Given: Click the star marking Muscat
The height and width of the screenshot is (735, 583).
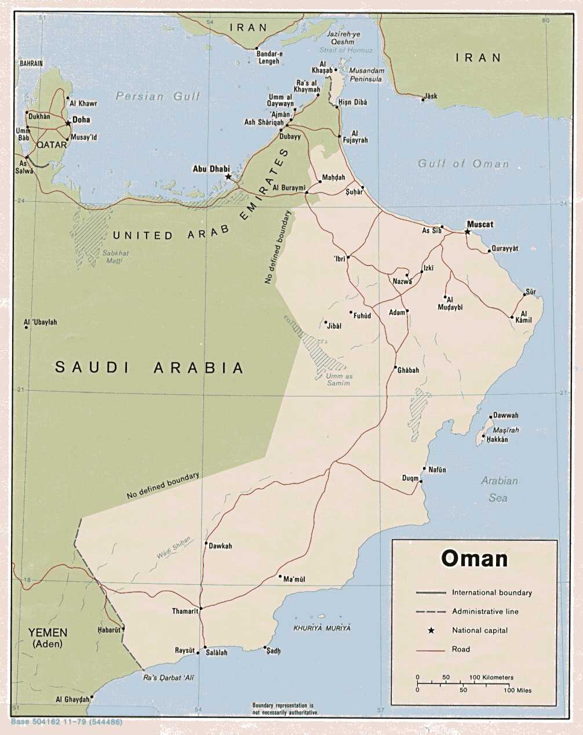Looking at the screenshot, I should click(468, 232).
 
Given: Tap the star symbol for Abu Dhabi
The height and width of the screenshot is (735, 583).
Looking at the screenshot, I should click(228, 176).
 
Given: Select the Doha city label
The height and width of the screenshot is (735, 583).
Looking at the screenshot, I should click(81, 119).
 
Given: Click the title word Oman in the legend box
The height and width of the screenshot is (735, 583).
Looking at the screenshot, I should click(474, 558).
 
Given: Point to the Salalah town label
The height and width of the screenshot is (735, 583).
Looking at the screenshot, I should click(216, 652).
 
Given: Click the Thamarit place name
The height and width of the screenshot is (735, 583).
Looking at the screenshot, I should click(185, 611).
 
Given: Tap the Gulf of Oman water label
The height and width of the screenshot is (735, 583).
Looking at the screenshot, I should click(463, 164).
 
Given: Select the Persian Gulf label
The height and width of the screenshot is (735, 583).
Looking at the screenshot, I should click(158, 96).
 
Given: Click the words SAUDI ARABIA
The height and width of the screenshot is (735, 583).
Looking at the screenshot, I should click(150, 367).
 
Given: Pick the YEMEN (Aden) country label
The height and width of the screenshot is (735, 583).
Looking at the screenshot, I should click(48, 638).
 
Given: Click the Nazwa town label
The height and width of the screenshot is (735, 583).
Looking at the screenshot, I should click(402, 281).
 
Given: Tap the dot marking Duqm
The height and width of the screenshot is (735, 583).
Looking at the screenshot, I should click(421, 481).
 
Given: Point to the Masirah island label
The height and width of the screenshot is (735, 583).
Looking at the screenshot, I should click(505, 430).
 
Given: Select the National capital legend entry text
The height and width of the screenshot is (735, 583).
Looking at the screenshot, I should click(479, 630).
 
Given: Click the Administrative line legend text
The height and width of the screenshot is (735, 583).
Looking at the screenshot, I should click(485, 612).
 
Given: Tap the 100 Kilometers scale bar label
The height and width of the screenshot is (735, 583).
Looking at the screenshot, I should click(491, 677).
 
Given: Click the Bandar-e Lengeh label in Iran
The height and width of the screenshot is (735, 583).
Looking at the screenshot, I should click(268, 57).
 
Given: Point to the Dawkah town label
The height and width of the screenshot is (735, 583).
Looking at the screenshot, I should click(220, 546).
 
